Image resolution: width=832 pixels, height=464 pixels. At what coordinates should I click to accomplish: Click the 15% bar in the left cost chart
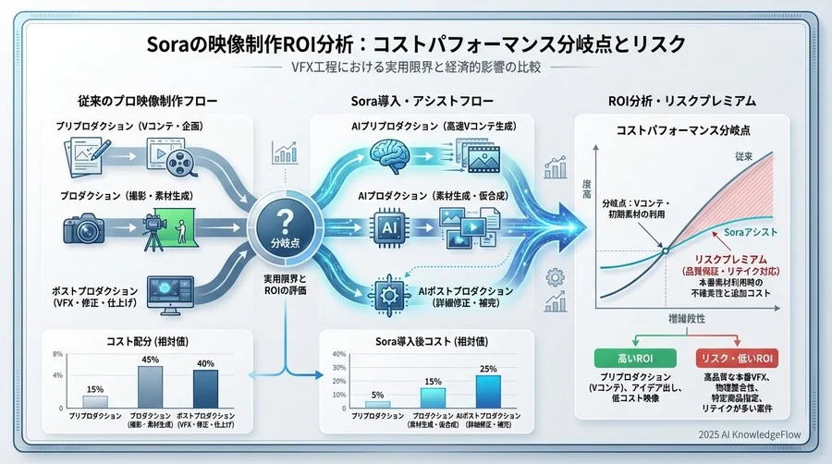pyautogui.click(x=94, y=401)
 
